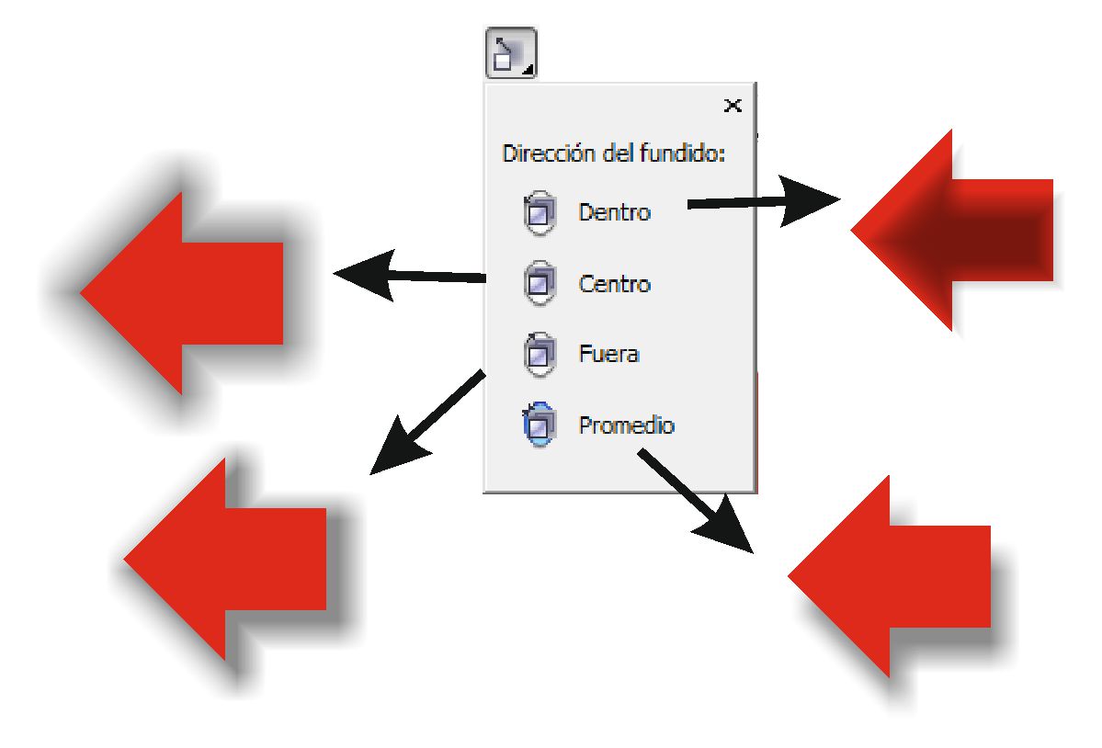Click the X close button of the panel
[733, 106]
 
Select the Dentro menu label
[614, 212]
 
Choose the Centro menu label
[614, 284]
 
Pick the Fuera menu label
[608, 354]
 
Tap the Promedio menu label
[626, 425]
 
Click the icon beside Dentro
[540, 213]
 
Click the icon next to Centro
[540, 284]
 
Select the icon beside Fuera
[540, 355]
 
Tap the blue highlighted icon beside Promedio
[540, 425]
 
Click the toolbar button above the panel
[510, 54]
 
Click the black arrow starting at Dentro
[763, 203]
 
